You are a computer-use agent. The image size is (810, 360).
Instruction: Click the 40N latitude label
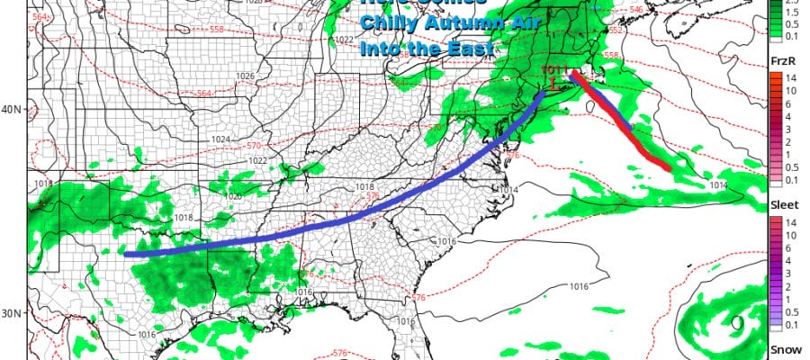(12, 110)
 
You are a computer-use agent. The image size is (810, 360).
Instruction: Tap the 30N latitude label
(12, 313)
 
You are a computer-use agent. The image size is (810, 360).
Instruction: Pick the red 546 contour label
(637, 11)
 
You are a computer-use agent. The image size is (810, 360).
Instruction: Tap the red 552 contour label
(616, 31)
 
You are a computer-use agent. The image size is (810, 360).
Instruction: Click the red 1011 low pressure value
(553, 68)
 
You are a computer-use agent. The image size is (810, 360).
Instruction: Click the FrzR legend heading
(781, 59)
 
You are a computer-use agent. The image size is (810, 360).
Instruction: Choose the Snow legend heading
(781, 349)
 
